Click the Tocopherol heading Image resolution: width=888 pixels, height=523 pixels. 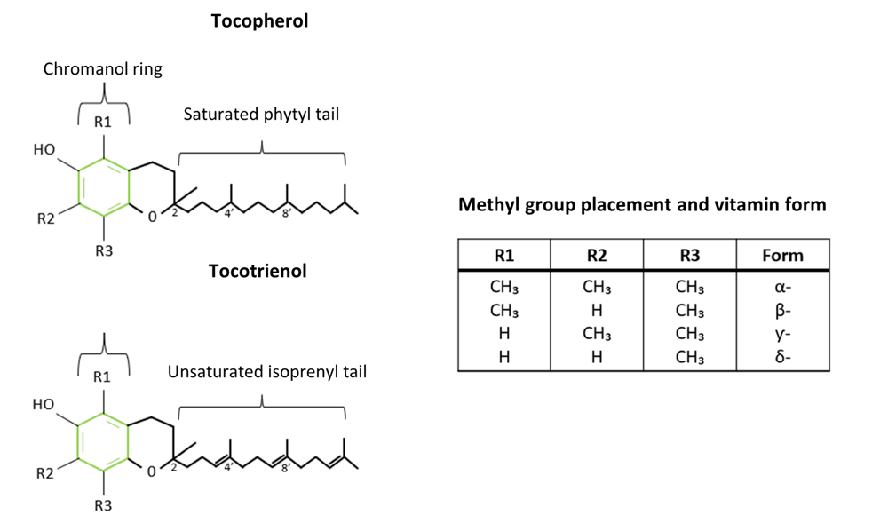coord(259,21)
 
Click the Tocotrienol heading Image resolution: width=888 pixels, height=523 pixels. coord(258,271)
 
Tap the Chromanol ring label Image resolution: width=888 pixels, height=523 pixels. coord(102,69)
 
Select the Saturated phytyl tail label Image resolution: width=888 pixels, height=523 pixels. coord(261,115)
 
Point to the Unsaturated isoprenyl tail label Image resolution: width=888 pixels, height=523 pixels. coord(266,372)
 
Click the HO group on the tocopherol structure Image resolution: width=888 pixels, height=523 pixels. coord(44,149)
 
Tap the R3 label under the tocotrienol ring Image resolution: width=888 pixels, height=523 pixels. coord(103,505)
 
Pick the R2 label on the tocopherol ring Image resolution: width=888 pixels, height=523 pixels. coord(46,218)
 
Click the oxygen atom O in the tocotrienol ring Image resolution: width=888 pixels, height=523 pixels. coord(151,471)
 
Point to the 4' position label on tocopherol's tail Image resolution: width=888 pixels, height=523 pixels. coord(229,213)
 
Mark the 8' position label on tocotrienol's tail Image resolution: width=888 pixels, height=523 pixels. coord(286,468)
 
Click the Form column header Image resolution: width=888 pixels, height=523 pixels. coord(782,255)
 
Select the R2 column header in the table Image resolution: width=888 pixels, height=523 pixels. coord(597,255)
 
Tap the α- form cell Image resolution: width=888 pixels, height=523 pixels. coord(782,288)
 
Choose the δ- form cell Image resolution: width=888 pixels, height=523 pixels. coord(782,357)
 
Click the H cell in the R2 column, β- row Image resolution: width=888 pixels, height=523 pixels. coord(597,311)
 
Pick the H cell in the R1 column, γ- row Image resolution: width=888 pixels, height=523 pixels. coord(504,334)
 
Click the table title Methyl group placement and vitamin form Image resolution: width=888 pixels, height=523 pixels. coord(642,204)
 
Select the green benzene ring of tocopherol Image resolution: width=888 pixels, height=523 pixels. coord(78,187)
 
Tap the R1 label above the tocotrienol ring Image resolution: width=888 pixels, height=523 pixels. coord(102,376)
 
